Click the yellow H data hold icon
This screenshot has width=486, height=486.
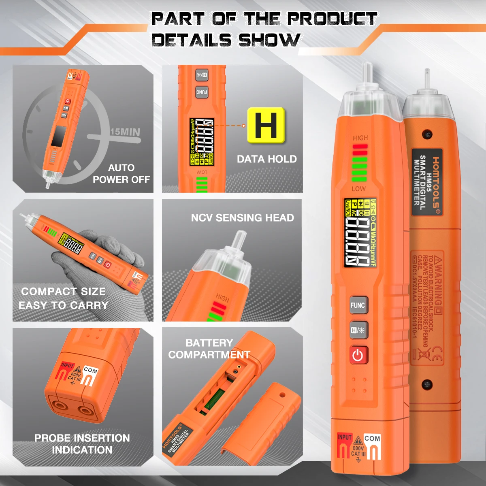266,125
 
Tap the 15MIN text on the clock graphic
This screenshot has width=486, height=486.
125,132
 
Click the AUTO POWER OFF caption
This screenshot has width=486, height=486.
121,174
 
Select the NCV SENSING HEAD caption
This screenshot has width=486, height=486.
242,218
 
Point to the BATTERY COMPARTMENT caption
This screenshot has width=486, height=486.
209,349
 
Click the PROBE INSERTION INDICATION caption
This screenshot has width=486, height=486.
82,444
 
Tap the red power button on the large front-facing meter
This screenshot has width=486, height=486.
358,355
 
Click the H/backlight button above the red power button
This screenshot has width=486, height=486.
358,330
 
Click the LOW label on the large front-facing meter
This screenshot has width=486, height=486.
358,189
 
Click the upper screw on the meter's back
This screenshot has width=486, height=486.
426,133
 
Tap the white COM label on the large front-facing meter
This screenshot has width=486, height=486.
372,438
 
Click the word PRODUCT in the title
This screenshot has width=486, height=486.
332,19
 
